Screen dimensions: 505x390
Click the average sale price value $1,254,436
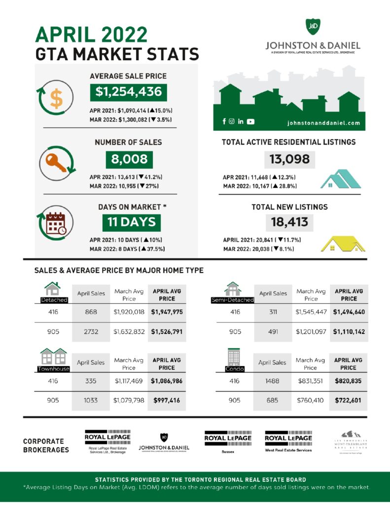[128, 92]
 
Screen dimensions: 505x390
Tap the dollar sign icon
[57, 98]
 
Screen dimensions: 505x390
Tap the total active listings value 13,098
[289, 159]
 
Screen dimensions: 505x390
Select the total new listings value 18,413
[289, 222]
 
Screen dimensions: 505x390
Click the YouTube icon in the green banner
[250, 121]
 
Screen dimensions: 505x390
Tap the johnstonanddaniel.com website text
[323, 122]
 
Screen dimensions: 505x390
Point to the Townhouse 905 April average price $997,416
[167, 400]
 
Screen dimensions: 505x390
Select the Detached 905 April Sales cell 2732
[91, 332]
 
